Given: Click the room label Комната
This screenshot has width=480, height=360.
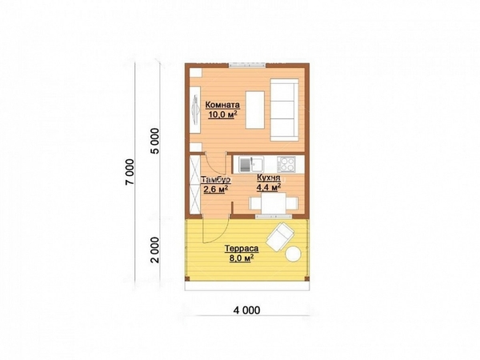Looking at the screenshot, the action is point(222,105).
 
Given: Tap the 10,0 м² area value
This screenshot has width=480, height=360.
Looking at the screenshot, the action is point(223,114).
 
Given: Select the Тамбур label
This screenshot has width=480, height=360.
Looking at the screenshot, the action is point(215,179).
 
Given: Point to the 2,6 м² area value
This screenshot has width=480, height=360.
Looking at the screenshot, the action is point(215,189).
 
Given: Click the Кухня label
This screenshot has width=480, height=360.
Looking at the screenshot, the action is point(269,178).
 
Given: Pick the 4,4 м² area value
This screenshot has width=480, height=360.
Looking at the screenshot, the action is point(269,187).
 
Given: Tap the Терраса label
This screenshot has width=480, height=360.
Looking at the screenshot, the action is point(242,248).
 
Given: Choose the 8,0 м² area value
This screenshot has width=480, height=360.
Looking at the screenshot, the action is point(242,258).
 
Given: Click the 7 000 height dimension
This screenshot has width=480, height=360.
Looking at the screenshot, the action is point(130,172).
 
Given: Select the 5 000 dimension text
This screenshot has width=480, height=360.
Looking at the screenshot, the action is point(155,141).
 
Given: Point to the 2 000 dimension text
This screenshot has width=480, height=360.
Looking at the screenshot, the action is point(155,250).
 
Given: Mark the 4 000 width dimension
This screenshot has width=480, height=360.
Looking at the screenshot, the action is point(246,310).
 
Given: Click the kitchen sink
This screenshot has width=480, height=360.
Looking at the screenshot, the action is point(251,164).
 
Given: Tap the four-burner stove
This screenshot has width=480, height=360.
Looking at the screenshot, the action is point(286,164).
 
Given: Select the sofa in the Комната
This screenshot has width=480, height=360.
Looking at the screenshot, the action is point(284,110).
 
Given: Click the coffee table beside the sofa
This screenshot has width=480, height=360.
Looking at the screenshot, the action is point(255,110).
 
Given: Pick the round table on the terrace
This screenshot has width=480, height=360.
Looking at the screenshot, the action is point(294,254).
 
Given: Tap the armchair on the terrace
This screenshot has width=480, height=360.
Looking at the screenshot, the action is point(280,237).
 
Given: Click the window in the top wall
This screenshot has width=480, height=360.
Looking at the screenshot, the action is point(247,65).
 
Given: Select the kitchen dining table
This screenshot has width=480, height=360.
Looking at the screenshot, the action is point(274,203).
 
